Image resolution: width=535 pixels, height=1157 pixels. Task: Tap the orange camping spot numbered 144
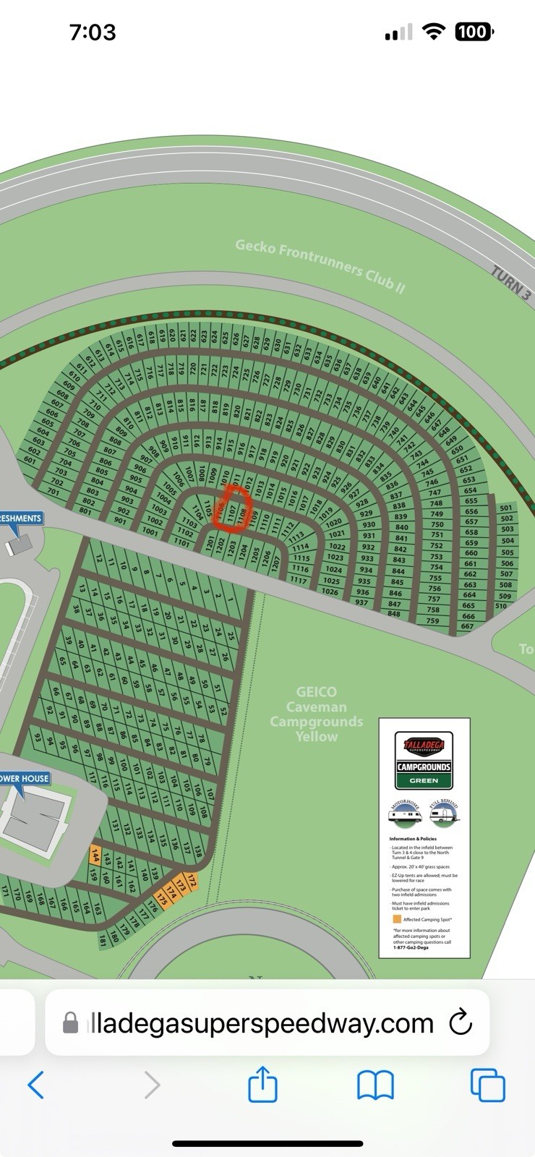95,855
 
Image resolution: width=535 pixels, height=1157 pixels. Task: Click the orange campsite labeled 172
191,881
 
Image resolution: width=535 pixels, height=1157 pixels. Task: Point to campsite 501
506,508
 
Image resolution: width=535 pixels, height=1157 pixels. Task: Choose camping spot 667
467,626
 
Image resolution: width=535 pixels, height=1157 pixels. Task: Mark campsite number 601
30,460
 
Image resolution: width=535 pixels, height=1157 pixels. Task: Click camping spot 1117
298,580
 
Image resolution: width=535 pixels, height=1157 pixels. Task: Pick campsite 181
103,940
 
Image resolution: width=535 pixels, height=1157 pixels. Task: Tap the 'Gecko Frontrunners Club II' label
320,265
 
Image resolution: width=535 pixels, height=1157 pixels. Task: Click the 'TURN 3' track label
511,283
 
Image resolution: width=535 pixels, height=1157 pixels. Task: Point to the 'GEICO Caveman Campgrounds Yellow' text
316,714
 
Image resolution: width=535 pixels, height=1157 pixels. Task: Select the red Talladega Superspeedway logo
424,746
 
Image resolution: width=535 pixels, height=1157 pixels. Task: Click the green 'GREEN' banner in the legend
424,780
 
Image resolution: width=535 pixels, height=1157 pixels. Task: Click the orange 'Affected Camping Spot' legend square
396,919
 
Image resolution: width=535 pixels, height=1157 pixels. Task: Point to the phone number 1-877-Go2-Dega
411,947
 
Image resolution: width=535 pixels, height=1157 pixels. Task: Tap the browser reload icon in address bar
461,1022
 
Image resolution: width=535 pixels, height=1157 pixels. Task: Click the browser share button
262,1084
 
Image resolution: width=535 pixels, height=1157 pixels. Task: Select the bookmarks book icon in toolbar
375,1085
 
